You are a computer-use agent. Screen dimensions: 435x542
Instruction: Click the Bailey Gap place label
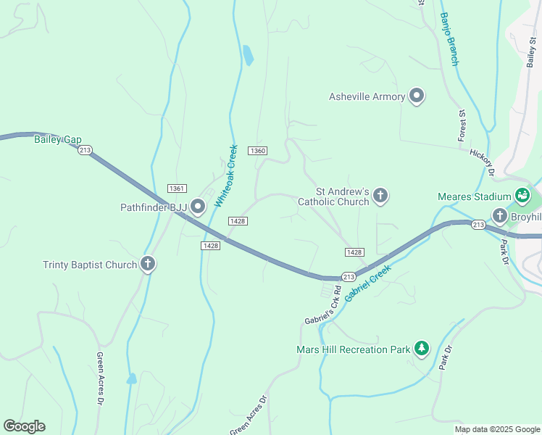pos(57,139)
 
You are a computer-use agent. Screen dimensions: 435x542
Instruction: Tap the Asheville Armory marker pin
pos(417,96)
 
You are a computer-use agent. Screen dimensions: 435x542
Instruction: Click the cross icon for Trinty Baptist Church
pos(148,265)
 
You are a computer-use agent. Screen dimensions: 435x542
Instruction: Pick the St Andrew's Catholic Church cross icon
pos(380,195)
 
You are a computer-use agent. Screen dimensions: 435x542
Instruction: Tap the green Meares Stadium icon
pos(522,196)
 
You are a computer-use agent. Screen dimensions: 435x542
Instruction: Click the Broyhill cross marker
pos(499,217)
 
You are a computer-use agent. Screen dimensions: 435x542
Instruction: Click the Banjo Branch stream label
pos(449,39)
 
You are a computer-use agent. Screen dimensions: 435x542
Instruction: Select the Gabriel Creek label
pos(368,283)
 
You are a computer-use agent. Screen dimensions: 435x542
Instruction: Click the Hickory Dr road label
pos(481,163)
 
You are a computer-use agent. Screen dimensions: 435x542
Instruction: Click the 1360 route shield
pos(257,150)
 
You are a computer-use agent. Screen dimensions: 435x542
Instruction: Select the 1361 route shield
pos(177,188)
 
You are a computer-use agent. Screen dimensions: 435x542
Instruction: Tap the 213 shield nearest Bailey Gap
pos(86,150)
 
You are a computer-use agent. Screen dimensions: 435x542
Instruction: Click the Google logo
pos(24,426)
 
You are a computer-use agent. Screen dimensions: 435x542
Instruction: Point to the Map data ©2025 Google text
pos(496,429)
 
